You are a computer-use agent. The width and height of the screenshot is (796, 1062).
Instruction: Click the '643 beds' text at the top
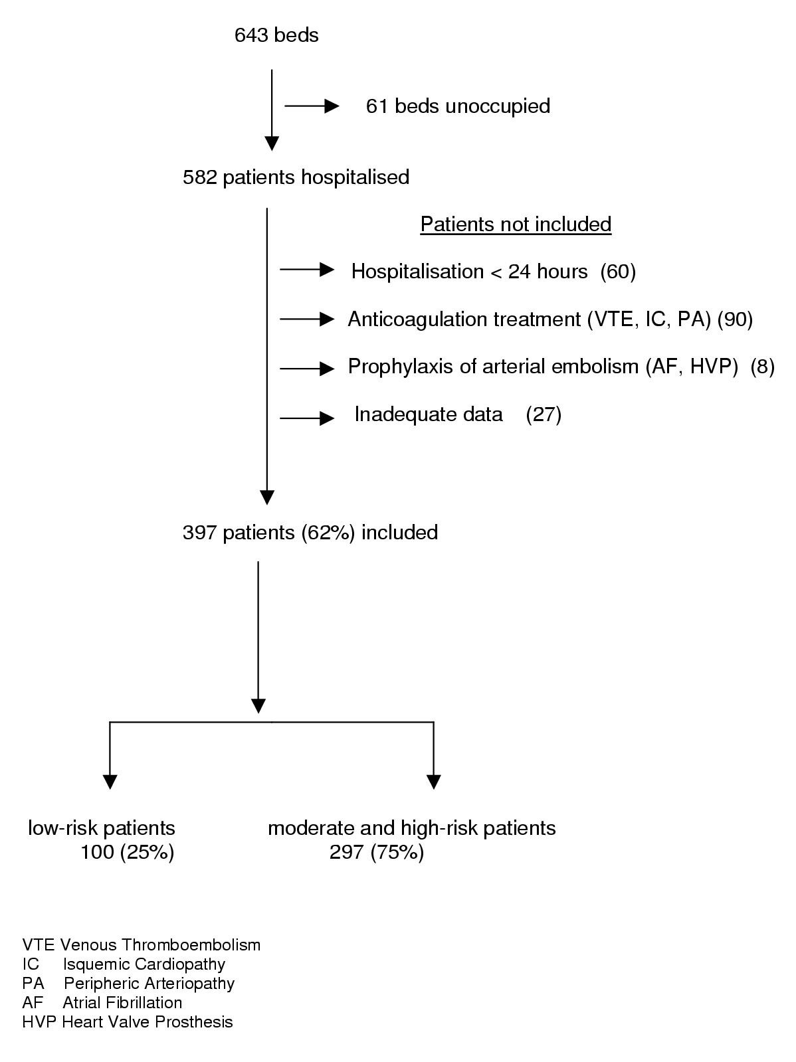pos(276,35)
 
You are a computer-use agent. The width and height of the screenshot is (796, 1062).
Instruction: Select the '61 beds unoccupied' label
pos(458,106)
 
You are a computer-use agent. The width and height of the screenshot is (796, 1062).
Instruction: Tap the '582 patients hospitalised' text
pos(296,177)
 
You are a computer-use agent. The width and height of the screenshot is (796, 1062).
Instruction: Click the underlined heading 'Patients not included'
pos(516,224)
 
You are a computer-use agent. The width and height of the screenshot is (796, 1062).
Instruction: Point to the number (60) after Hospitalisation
pos(618,272)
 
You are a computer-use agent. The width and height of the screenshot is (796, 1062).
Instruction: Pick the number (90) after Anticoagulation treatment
pos(735,319)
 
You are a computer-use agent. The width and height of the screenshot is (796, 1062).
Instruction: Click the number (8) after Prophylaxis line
pos(762,367)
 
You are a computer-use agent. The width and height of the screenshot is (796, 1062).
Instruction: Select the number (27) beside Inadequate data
pos(544,414)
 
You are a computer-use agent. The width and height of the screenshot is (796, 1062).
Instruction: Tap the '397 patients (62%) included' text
pos(310,533)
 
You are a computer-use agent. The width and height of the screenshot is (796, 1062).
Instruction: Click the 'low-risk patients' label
pos(102,828)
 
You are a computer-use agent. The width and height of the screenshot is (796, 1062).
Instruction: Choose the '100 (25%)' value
pos(128,852)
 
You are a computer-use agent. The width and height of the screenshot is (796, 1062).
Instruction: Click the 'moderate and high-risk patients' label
pos(412,828)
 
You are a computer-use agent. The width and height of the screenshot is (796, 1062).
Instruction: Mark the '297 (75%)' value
pos(377,852)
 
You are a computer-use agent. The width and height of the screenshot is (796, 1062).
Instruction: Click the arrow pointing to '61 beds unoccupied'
pos(312,106)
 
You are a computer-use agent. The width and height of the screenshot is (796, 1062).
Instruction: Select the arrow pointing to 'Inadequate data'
pos(307,418)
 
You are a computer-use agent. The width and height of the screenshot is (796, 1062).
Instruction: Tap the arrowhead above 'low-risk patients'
pos(110,781)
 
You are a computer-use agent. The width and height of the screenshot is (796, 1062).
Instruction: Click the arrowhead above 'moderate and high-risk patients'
pos(433,781)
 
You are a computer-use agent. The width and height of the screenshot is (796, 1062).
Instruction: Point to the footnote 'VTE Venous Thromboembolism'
pos(141,944)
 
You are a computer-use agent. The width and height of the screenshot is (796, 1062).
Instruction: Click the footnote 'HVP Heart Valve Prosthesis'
pos(128,1021)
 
